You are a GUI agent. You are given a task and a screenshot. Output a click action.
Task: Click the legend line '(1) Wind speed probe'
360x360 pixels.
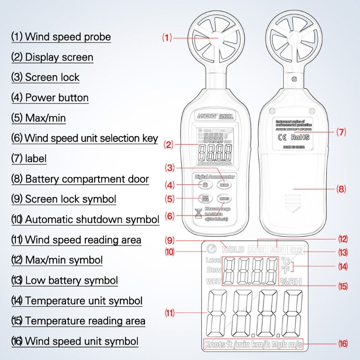click(x=61, y=36)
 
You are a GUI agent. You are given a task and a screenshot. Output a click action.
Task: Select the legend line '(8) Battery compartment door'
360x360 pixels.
click(x=80, y=179)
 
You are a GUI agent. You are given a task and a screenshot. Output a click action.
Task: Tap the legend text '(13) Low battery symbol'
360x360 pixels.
click(x=65, y=280)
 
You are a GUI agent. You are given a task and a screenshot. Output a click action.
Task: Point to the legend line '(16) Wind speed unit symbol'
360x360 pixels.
click(x=75, y=341)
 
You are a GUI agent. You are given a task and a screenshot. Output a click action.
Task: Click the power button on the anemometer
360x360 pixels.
click(x=205, y=184)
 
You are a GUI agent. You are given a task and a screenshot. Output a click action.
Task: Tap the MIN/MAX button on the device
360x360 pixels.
click(x=205, y=198)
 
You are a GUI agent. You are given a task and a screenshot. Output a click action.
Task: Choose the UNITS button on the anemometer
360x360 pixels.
click(x=223, y=198)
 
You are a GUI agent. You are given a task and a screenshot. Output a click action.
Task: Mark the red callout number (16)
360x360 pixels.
click(x=343, y=344)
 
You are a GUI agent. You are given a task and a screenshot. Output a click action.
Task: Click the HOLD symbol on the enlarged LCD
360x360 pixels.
click(x=233, y=249)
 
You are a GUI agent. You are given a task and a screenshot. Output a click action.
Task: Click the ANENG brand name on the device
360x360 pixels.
click(x=206, y=116)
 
